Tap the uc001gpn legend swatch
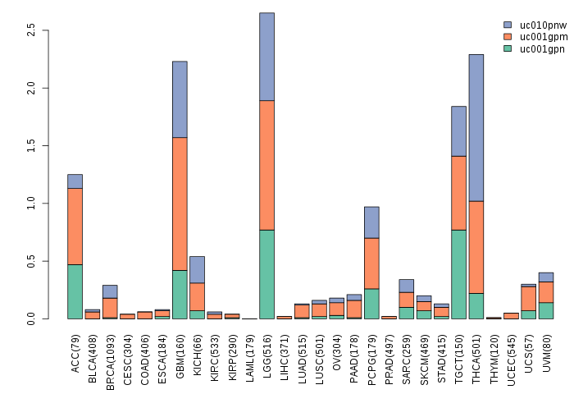(508, 48)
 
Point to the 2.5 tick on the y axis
(30, 30)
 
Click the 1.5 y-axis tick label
(30, 145)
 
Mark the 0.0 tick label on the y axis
(30, 318)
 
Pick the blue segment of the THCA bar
(476, 127)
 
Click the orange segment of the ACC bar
(75, 226)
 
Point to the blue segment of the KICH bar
(197, 269)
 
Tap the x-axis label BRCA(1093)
(111, 355)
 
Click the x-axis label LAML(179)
(250, 353)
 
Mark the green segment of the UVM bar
(546, 310)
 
